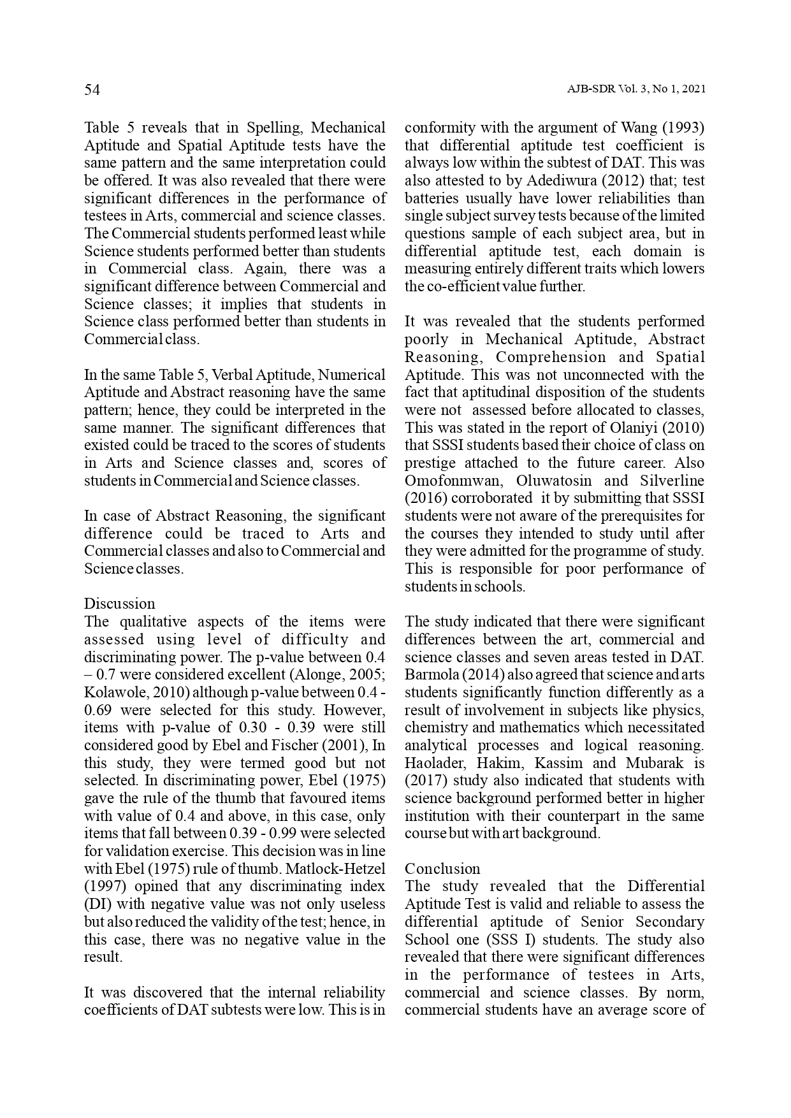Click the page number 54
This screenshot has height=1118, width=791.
(92, 91)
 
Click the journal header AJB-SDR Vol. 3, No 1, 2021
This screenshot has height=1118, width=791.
(635, 90)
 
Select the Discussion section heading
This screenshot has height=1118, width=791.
(120, 604)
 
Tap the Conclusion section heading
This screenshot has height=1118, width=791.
(442, 869)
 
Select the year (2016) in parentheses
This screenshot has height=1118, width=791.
(423, 498)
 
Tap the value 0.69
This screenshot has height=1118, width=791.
(98, 710)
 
